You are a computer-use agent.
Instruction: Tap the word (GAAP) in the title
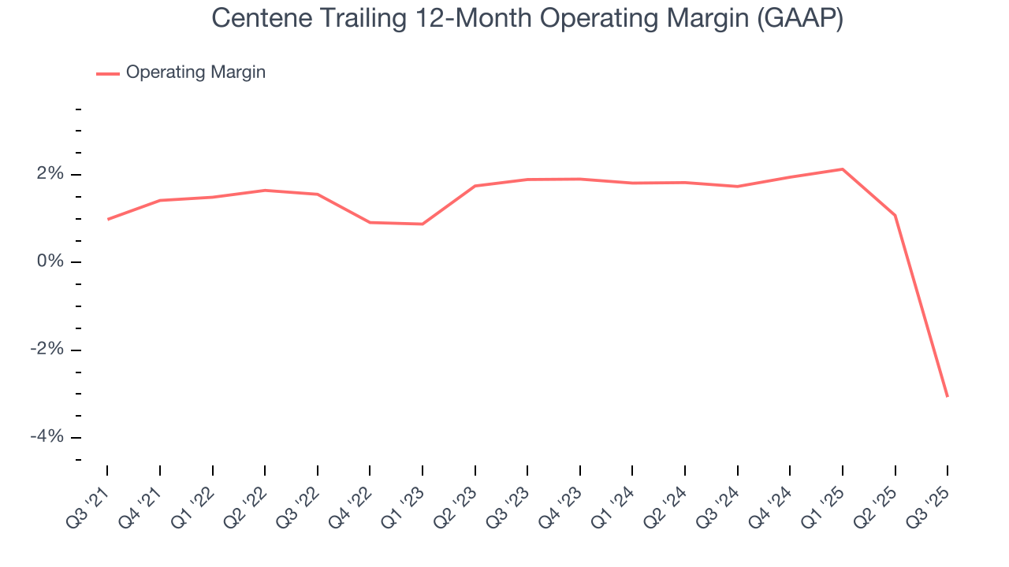799,19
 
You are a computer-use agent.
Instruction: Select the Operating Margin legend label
195,72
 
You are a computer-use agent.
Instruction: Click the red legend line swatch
108,73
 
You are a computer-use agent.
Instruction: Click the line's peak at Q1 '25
843,169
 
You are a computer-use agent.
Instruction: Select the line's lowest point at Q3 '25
948,396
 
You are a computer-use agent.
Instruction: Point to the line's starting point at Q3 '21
107,219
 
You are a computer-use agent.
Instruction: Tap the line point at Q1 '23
423,224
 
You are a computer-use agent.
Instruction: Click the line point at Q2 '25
895,215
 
